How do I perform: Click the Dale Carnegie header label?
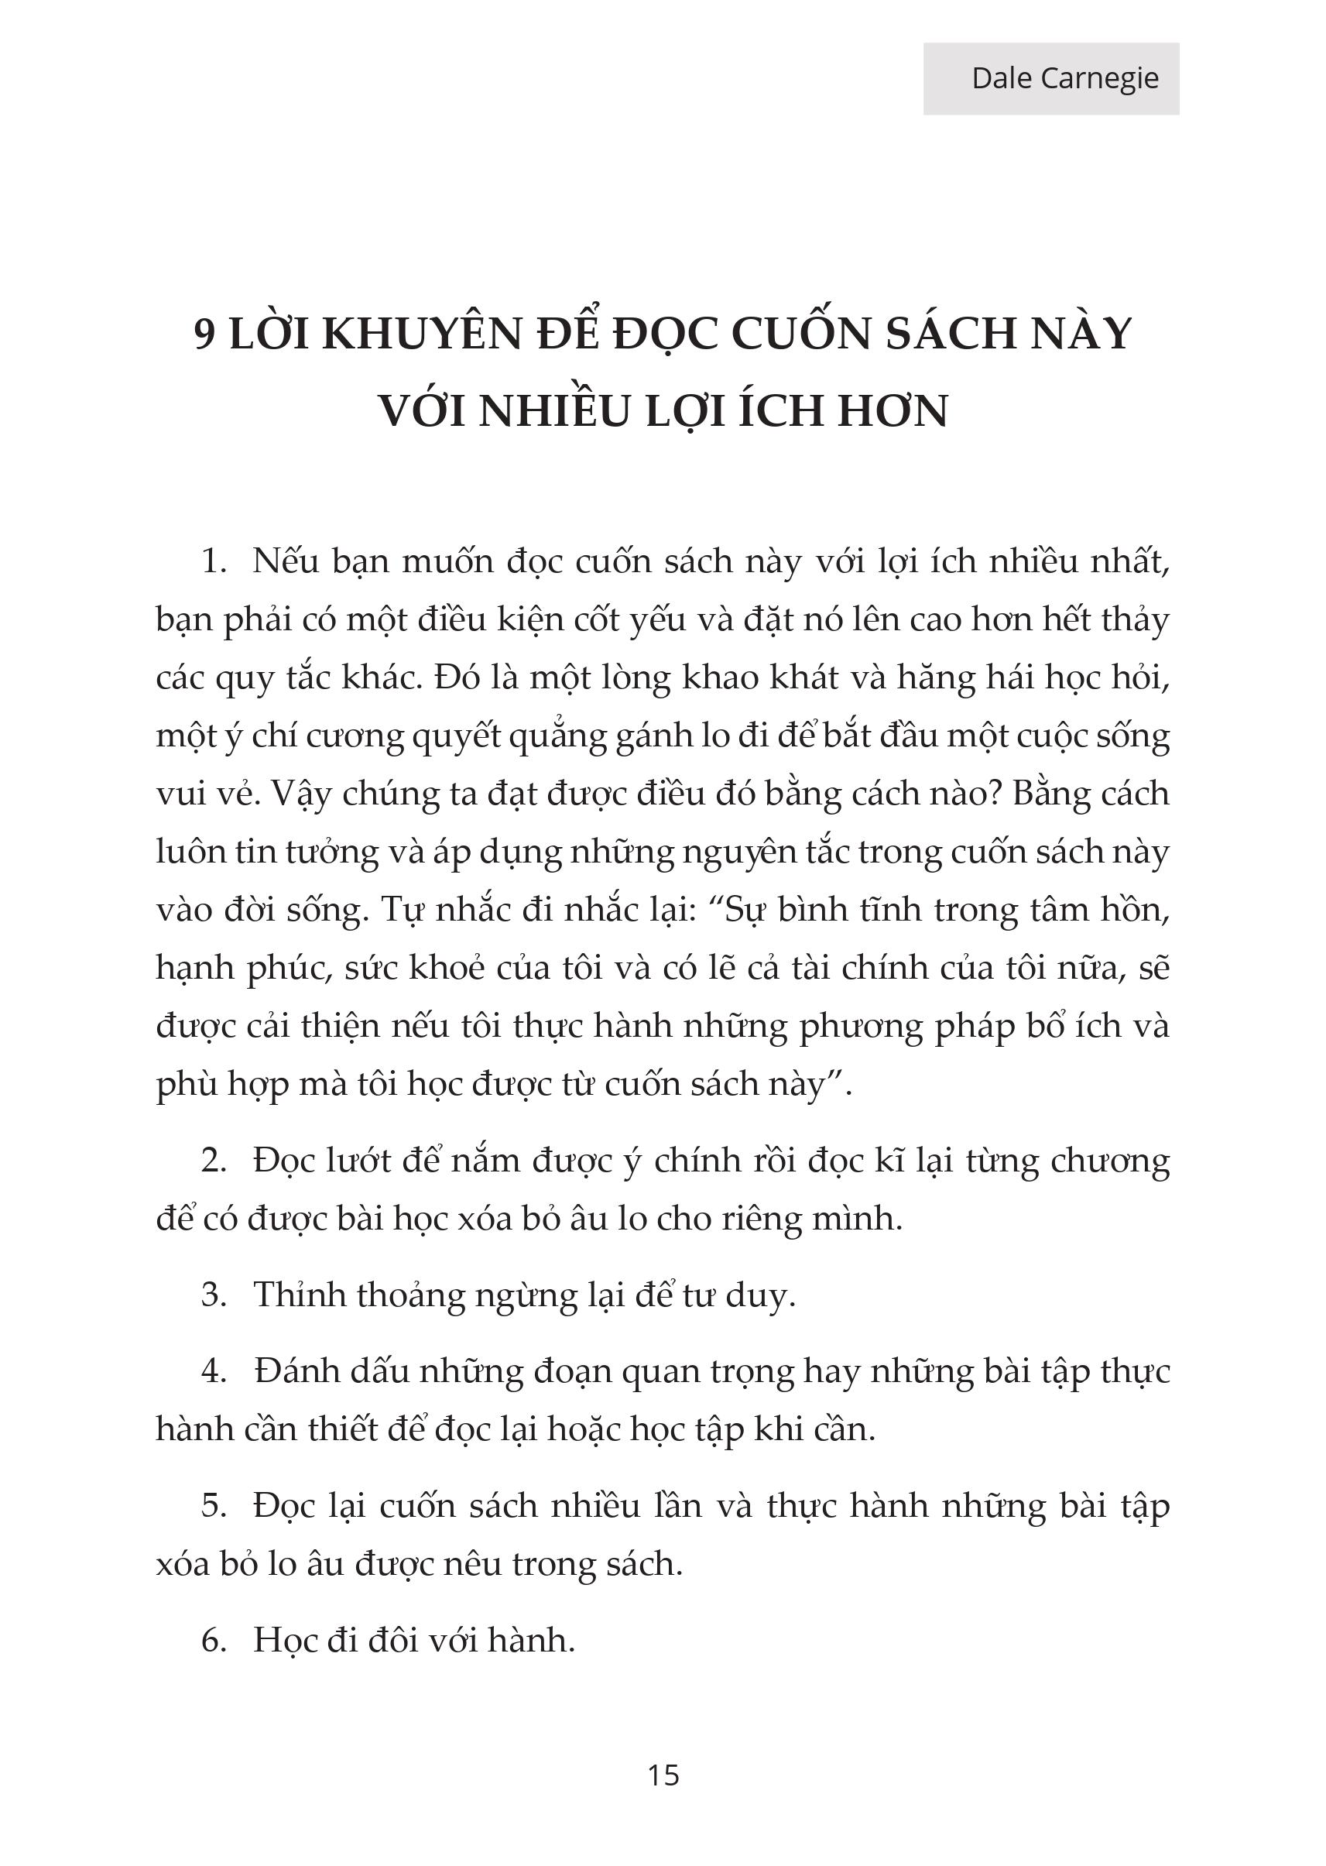coord(1064,78)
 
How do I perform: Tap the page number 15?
coord(663,1775)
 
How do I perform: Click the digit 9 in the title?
coord(206,334)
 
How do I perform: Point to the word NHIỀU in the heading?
coord(556,411)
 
